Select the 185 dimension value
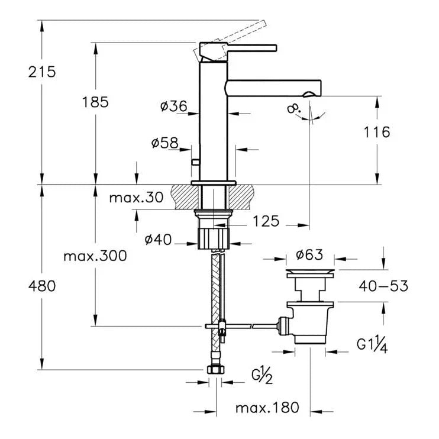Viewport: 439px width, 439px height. [x=95, y=102]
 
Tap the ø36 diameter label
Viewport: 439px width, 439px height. [x=173, y=106]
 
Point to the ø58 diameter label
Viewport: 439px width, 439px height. [x=165, y=143]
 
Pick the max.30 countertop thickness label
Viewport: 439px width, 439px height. [x=135, y=198]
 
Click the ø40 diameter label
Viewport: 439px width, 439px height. [x=159, y=240]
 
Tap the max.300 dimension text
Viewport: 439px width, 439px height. [x=95, y=257]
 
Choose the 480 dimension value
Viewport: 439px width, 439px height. [x=41, y=286]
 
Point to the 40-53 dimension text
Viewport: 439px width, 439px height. [x=383, y=286]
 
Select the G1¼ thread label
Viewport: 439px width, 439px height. [x=371, y=345]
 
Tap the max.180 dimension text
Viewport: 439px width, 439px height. [x=267, y=408]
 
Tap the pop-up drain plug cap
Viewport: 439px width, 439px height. [x=310, y=273]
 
